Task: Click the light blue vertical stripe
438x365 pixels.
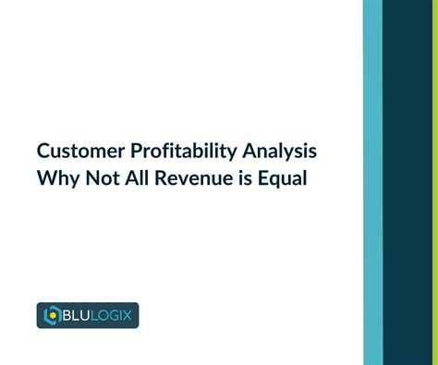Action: point(372,182)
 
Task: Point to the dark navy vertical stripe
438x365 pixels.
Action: point(407,182)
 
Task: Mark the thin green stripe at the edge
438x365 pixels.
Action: point(434,182)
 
